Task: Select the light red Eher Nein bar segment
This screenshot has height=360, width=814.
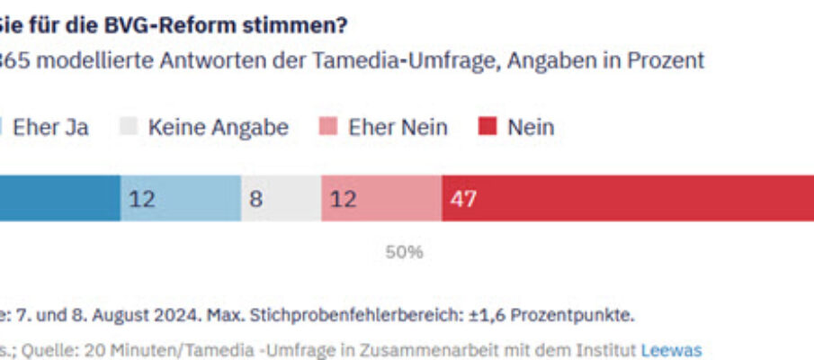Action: (x=381, y=199)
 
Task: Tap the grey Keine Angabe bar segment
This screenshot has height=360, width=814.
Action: (x=281, y=199)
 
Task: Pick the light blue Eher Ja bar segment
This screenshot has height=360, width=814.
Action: (x=181, y=199)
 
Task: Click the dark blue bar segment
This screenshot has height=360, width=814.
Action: (x=59, y=199)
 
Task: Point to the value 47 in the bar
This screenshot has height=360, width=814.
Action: (x=463, y=199)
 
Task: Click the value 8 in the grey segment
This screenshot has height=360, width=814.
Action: (x=256, y=199)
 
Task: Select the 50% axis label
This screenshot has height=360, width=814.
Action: (x=404, y=252)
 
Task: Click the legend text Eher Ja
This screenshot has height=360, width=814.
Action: (x=50, y=127)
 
